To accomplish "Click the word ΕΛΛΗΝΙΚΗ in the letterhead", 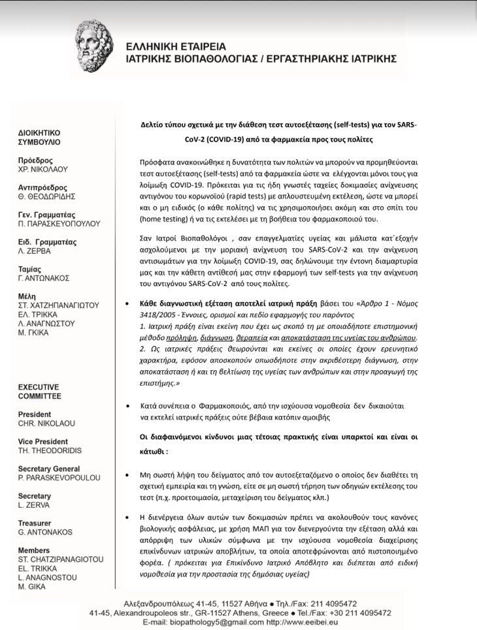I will (x=156, y=46).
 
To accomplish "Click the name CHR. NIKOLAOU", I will (x=47, y=423).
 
